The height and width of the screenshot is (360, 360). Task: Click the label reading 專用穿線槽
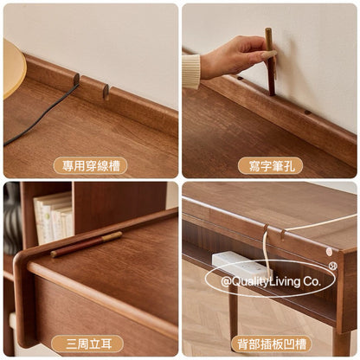coord(91,166)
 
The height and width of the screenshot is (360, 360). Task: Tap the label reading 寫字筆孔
coord(271,166)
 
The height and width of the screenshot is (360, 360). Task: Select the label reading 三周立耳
coord(87,344)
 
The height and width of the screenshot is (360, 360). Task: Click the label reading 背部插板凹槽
coord(271,344)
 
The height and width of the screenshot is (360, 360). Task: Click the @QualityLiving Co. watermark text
coord(271,281)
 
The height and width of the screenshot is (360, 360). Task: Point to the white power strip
coord(241,264)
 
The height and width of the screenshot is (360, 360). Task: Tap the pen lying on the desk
coord(87,244)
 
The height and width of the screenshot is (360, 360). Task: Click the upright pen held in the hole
coord(270,61)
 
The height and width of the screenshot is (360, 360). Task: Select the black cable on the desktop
coord(41,115)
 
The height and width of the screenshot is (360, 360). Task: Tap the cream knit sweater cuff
coord(190,72)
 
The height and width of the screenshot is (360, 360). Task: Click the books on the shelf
coord(54,217)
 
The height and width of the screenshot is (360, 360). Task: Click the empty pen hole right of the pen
coord(308,112)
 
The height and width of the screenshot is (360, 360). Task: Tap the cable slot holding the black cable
coord(77,79)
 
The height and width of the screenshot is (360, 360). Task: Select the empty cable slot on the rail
coord(106,92)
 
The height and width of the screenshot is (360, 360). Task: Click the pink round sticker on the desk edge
coord(329,252)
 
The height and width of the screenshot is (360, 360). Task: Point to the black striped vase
coord(12,218)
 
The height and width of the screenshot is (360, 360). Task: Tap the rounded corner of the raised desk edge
coord(20,259)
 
